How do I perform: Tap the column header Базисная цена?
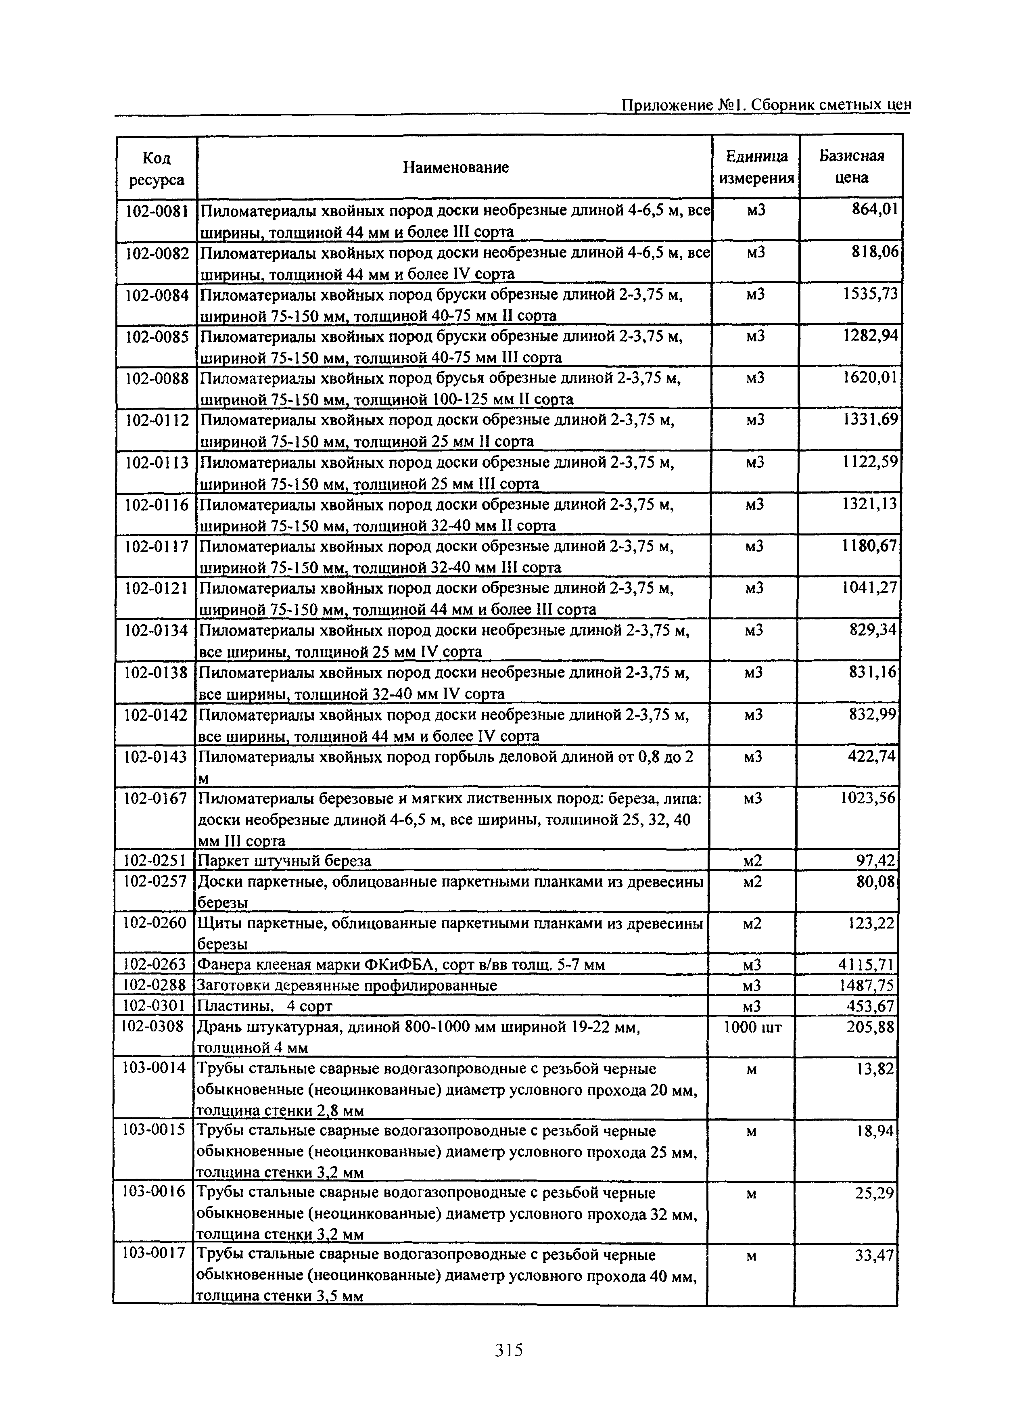(x=851, y=166)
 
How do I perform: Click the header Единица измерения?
(x=756, y=167)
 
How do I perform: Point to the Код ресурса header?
(x=157, y=169)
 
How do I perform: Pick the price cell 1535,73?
(x=870, y=293)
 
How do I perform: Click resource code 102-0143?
(x=156, y=757)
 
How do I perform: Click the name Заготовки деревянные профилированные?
(x=347, y=985)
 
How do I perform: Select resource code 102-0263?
(x=155, y=964)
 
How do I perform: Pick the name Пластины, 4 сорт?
(x=265, y=1006)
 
